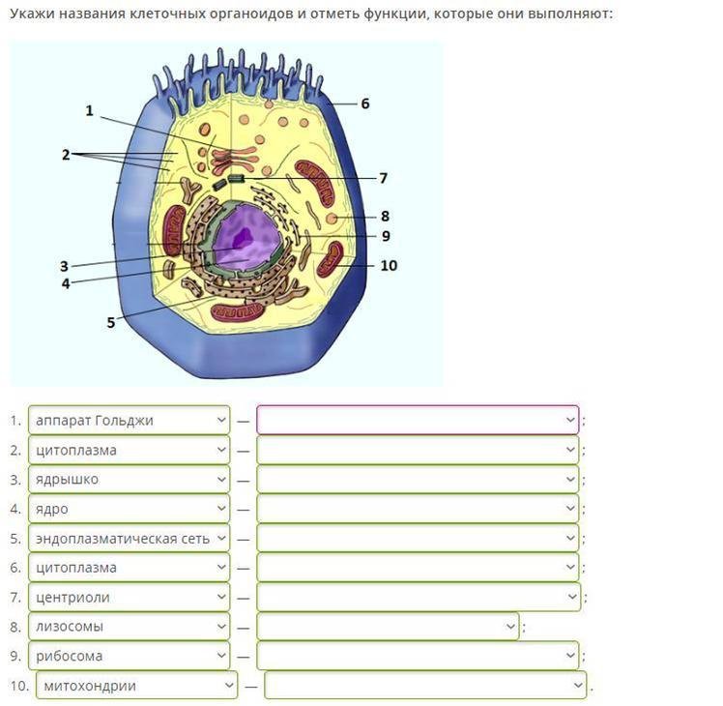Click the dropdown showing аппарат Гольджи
(129, 421)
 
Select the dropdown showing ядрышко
(129, 480)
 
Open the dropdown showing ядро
(129, 509)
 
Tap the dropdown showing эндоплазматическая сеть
(129, 539)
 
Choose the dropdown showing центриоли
(129, 597)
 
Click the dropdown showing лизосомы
(129, 627)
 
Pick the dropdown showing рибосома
(129, 656)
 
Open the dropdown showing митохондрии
(136, 686)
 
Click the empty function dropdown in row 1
(418, 421)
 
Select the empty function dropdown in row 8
(388, 627)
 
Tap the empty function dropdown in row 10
(425, 686)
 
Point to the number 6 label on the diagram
(365, 103)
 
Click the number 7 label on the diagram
(383, 178)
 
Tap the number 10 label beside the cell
(389, 265)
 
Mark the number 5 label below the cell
(111, 323)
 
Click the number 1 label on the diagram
(90, 111)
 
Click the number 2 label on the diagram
(66, 155)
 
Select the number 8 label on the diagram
(385, 217)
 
